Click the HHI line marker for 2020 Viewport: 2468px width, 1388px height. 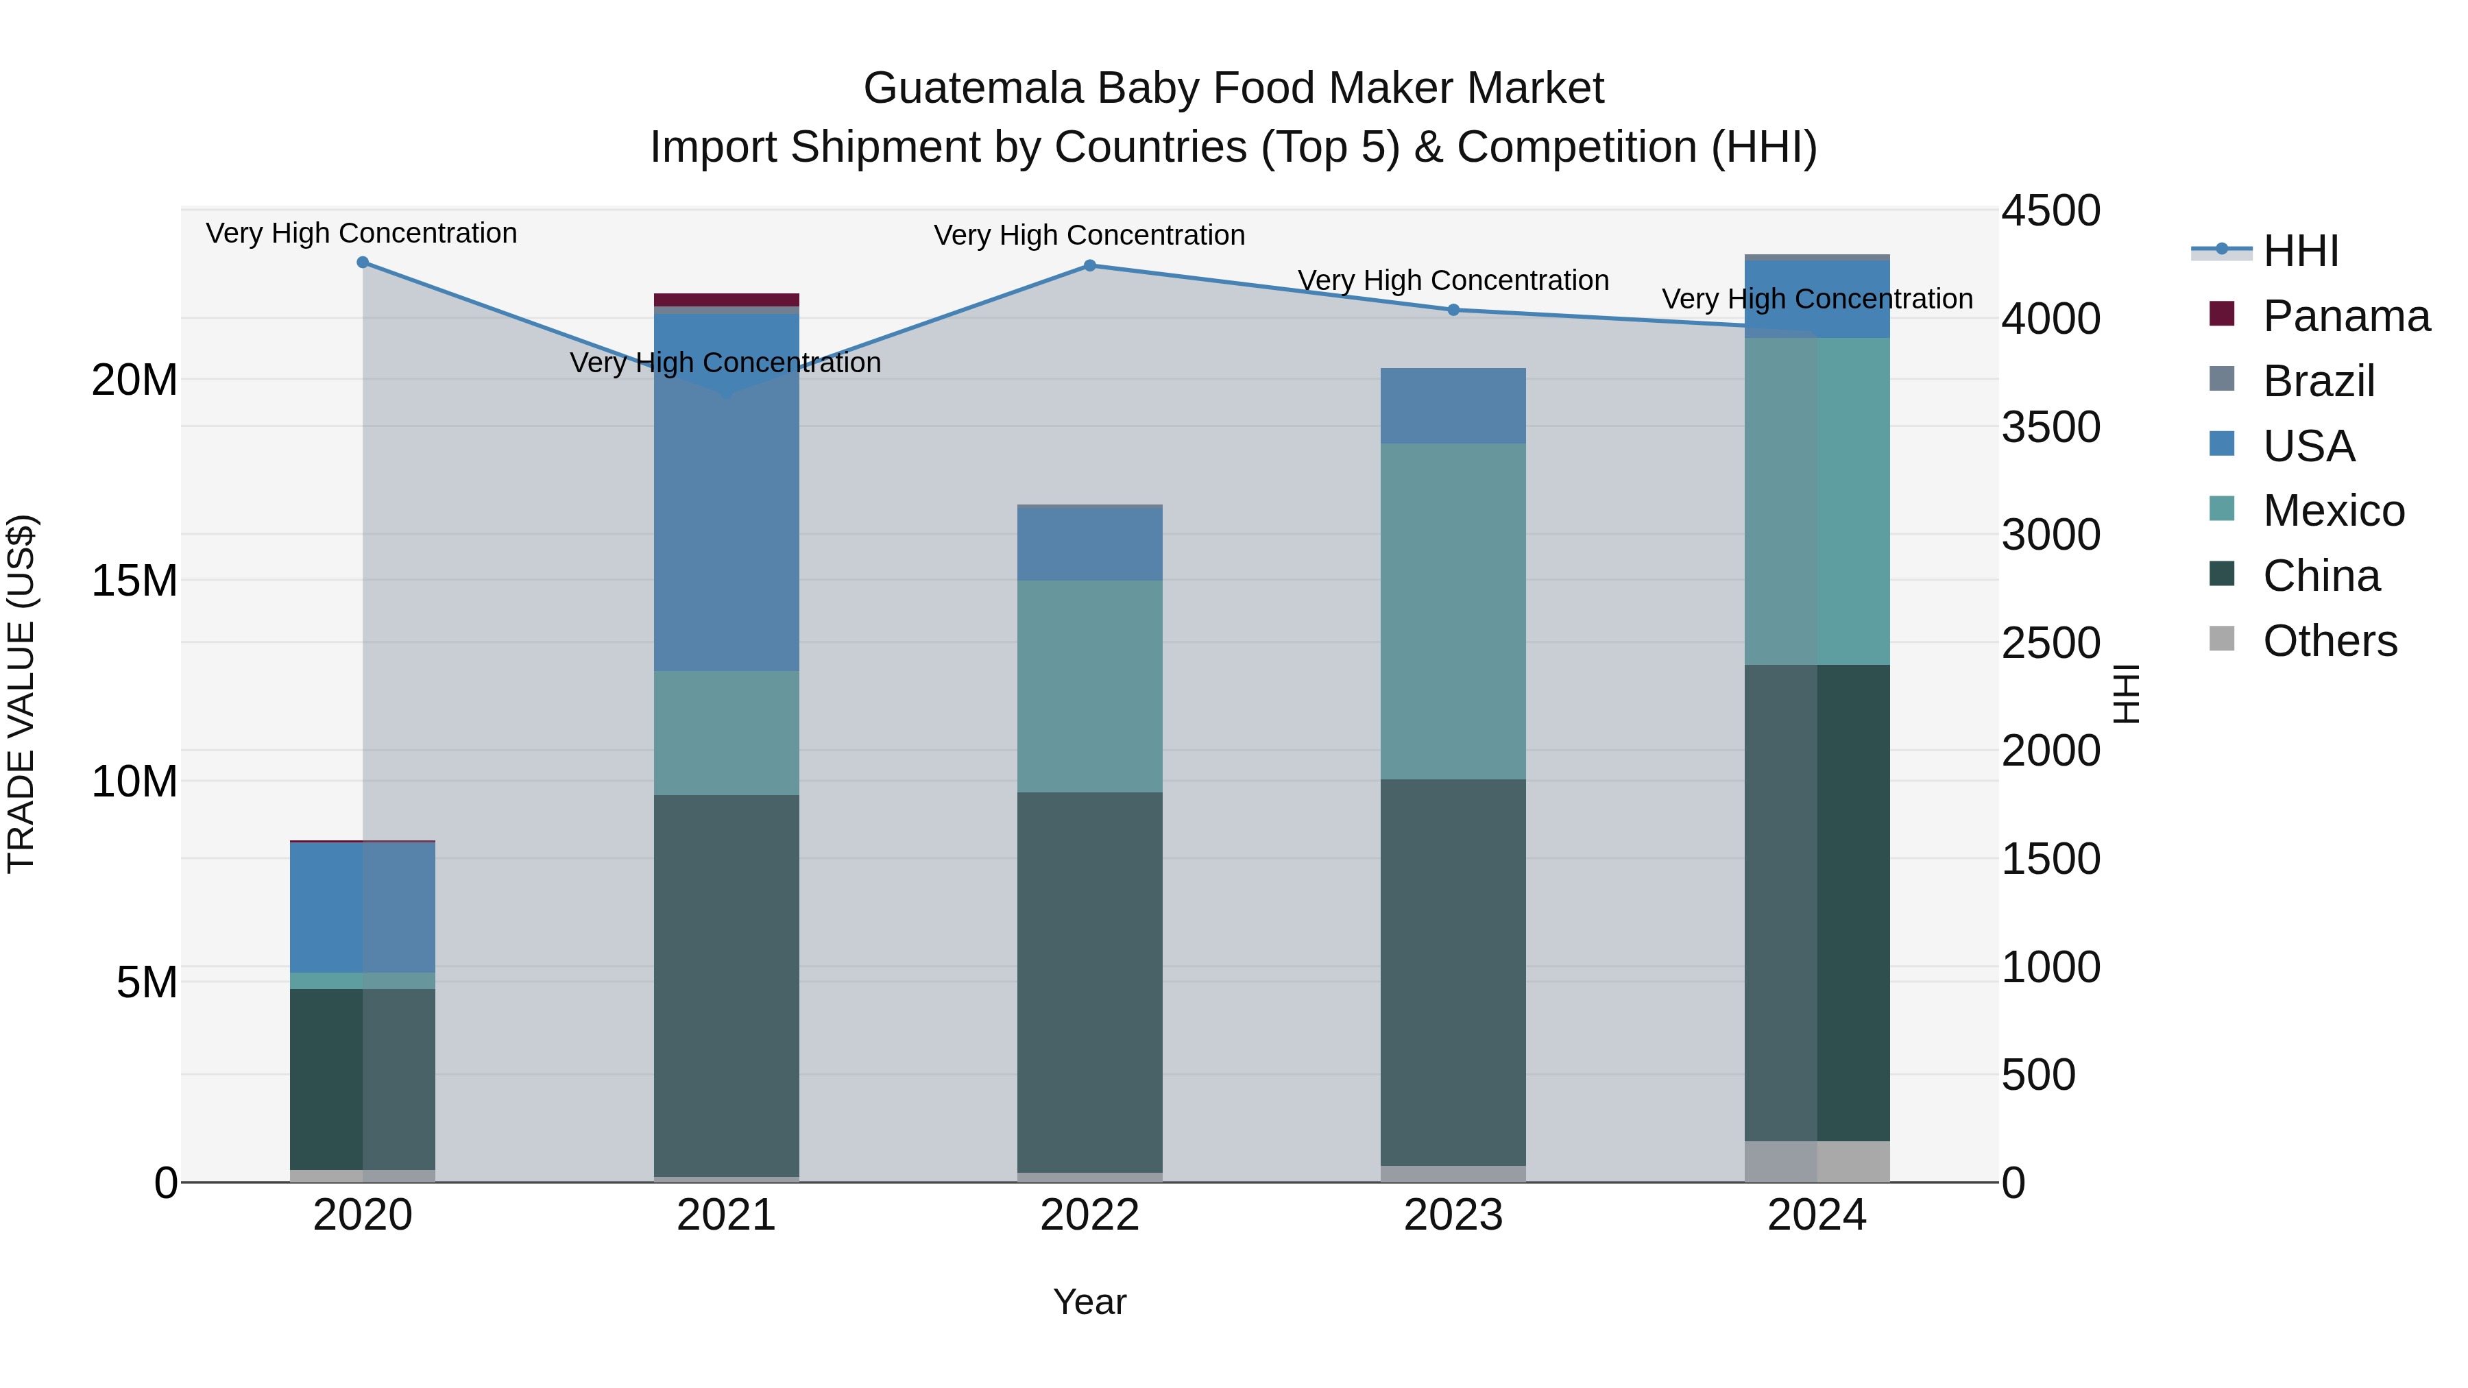click(362, 263)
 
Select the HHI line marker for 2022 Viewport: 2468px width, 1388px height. click(1089, 265)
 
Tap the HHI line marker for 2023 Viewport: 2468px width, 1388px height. click(1453, 309)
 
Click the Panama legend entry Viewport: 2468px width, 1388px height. click(2345, 316)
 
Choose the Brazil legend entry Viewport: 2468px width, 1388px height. click(2319, 381)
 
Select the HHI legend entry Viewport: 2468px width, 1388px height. click(2300, 251)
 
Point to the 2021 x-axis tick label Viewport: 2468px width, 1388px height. click(726, 1215)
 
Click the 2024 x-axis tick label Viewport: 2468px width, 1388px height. click(1817, 1215)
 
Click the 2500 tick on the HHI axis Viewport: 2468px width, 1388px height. click(2050, 643)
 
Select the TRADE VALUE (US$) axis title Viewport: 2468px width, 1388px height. click(21, 694)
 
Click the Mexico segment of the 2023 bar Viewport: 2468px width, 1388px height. click(1453, 611)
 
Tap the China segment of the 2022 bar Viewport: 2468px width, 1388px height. click(1089, 982)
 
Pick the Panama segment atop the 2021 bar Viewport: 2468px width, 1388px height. click(726, 300)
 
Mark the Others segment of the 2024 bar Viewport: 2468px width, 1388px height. click(1817, 1161)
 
